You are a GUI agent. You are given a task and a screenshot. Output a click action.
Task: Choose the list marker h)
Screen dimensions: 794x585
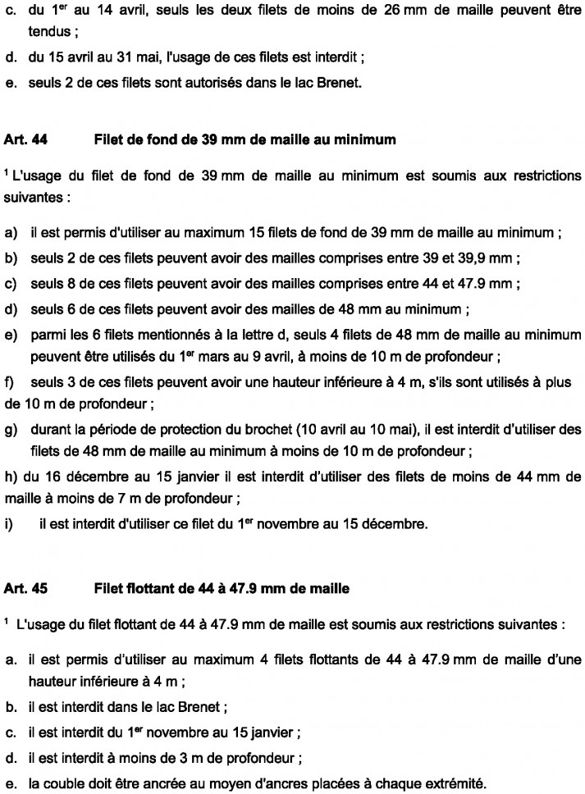pyautogui.click(x=11, y=477)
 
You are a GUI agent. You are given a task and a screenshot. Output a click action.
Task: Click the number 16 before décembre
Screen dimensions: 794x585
pyautogui.click(x=60, y=477)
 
